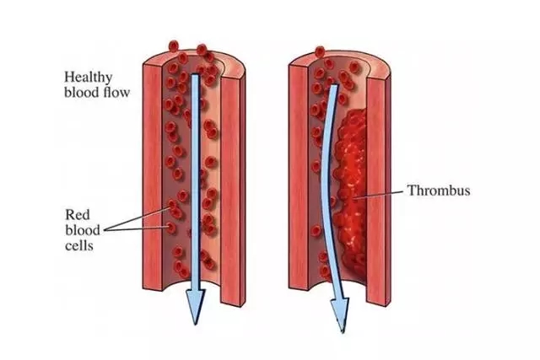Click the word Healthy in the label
88,78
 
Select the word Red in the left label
78,215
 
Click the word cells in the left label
79,245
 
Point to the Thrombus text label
439,191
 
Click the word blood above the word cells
83,230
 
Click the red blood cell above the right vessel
320,51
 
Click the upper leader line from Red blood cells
138,218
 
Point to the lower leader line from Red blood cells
137,228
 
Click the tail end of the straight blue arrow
195,75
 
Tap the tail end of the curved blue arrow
334,86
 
